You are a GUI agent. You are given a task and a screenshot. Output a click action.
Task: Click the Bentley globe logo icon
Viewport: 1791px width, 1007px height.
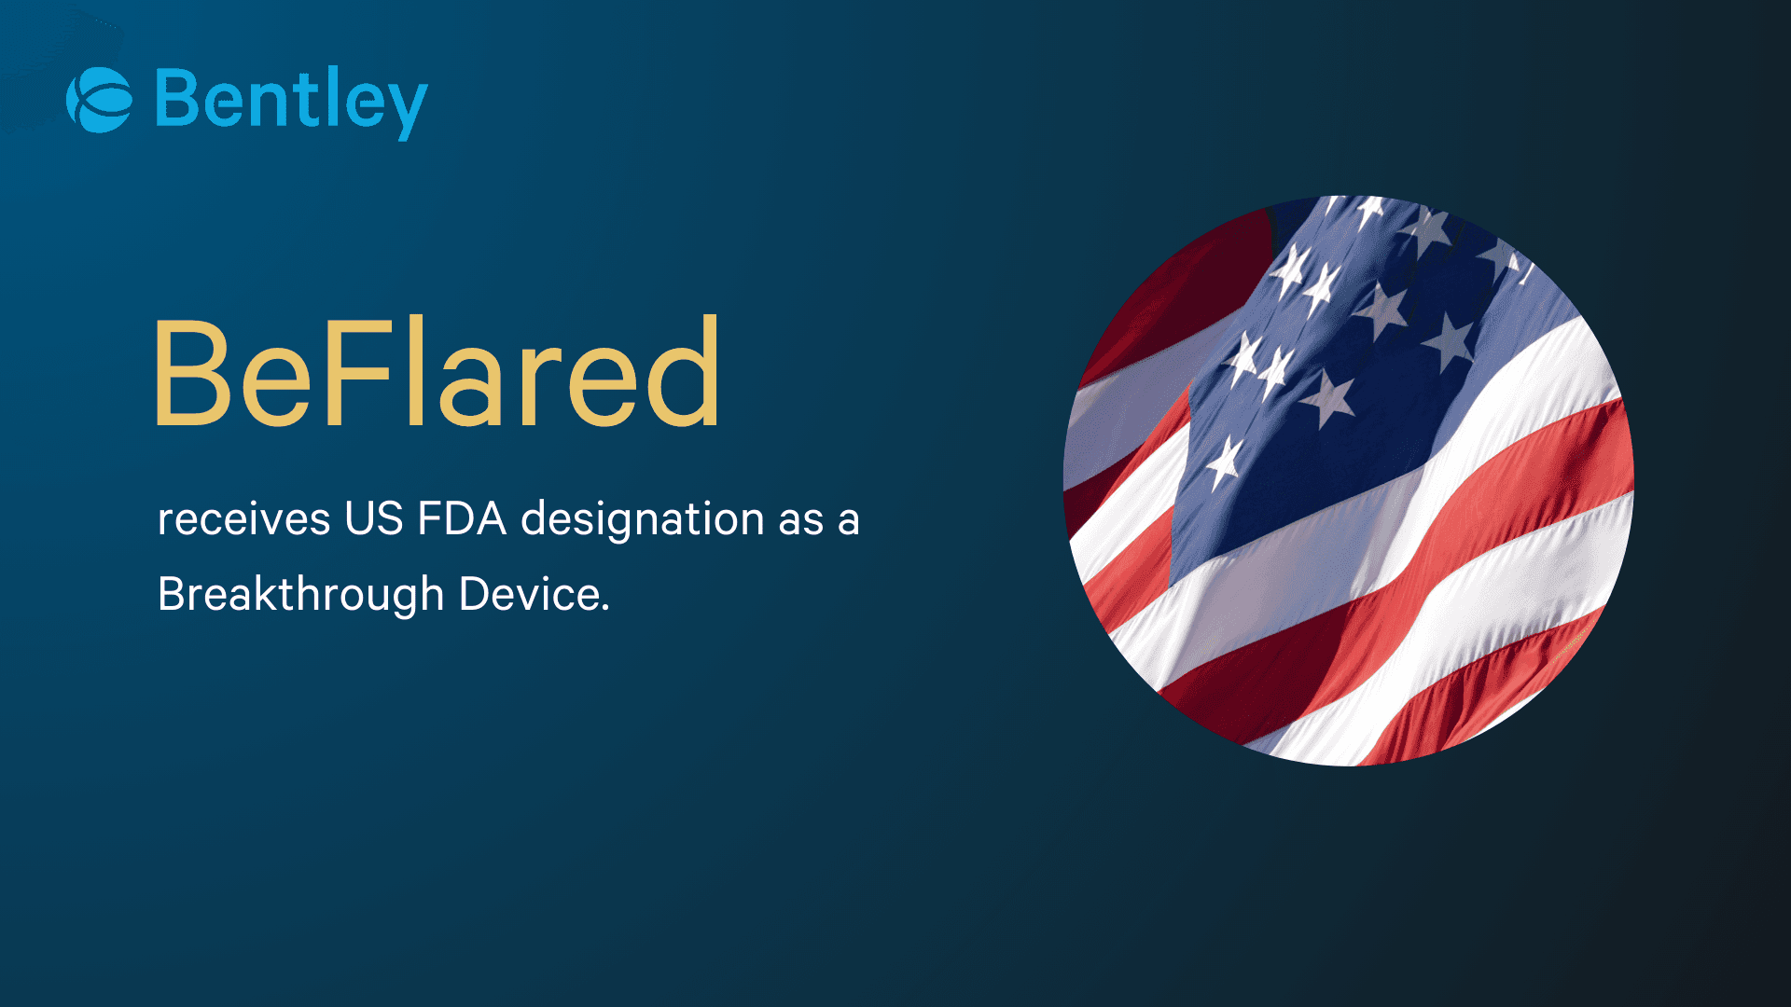(99, 100)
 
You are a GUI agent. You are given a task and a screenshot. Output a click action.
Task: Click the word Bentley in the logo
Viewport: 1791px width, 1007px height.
(291, 101)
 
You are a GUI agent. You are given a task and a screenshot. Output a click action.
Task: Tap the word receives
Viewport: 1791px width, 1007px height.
(243, 519)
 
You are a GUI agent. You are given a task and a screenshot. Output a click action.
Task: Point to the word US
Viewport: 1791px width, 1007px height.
(373, 518)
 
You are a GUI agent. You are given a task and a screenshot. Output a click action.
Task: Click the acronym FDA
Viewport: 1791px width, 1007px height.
(461, 518)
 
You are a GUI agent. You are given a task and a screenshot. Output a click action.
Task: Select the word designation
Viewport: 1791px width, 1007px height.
(643, 519)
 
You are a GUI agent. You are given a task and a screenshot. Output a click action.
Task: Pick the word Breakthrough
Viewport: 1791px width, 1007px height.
(300, 595)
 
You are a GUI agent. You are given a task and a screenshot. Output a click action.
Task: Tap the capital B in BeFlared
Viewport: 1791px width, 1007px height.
(191, 373)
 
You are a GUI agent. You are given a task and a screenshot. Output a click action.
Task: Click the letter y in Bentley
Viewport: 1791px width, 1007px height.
(408, 107)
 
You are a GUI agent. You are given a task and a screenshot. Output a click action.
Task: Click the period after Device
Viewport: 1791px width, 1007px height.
(605, 608)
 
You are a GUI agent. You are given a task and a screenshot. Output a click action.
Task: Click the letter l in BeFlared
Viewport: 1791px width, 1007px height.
(414, 370)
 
